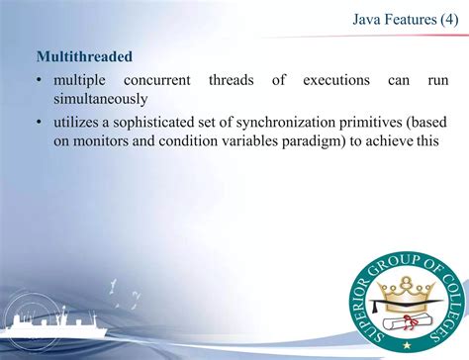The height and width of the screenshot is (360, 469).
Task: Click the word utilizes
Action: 78,122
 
